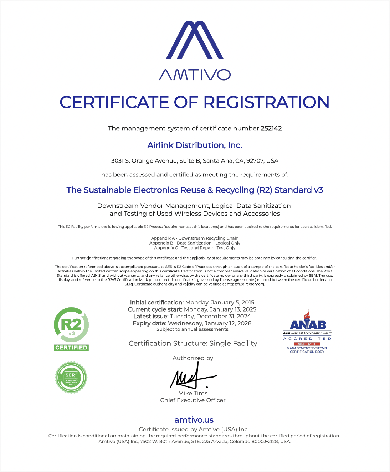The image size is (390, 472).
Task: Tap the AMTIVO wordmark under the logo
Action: [195, 75]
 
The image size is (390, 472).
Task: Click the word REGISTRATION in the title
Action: [266, 102]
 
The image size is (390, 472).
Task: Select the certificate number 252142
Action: [271, 128]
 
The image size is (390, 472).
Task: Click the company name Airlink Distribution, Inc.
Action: [195, 145]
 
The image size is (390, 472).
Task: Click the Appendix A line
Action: [195, 238]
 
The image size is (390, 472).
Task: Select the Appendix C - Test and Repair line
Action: [195, 248]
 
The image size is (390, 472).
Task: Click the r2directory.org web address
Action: [246, 284]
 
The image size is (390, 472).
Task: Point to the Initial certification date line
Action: [192, 302]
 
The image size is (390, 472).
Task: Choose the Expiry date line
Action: [192, 323]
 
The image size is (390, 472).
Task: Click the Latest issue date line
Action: [192, 316]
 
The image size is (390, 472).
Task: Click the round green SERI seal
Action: [71, 377]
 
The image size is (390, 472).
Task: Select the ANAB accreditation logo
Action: [307, 332]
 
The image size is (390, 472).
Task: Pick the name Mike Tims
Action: [193, 393]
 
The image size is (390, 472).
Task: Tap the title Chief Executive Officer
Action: [193, 400]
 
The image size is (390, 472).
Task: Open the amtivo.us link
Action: [194, 420]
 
